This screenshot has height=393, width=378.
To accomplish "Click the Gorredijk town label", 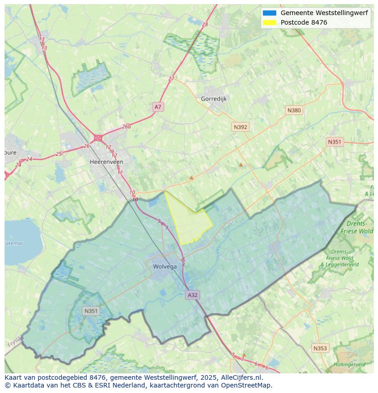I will [x=214, y=99].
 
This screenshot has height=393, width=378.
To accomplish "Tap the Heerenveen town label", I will [x=106, y=162].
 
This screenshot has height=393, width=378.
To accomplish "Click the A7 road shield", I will [x=157, y=107].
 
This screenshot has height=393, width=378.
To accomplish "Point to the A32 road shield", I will [x=193, y=295].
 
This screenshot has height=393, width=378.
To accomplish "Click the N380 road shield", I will [x=294, y=110].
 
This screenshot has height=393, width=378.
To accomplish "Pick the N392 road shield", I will [x=240, y=127].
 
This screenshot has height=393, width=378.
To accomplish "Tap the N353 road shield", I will [x=320, y=348].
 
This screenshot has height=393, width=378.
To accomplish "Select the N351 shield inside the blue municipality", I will [x=91, y=311].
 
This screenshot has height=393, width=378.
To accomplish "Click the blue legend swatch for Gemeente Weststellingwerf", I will [x=269, y=13].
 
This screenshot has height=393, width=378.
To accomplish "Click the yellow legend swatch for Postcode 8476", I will [x=269, y=22].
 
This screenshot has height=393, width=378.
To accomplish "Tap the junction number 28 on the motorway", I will [x=205, y=24].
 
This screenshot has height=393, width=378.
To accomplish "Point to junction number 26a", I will [x=126, y=126].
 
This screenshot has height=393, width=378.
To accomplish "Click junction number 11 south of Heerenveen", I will [x=120, y=172].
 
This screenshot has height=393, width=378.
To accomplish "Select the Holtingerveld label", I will [x=349, y=364].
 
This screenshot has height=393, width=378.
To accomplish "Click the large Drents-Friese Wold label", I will [x=360, y=227].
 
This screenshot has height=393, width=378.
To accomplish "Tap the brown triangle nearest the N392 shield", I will [x=241, y=165].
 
